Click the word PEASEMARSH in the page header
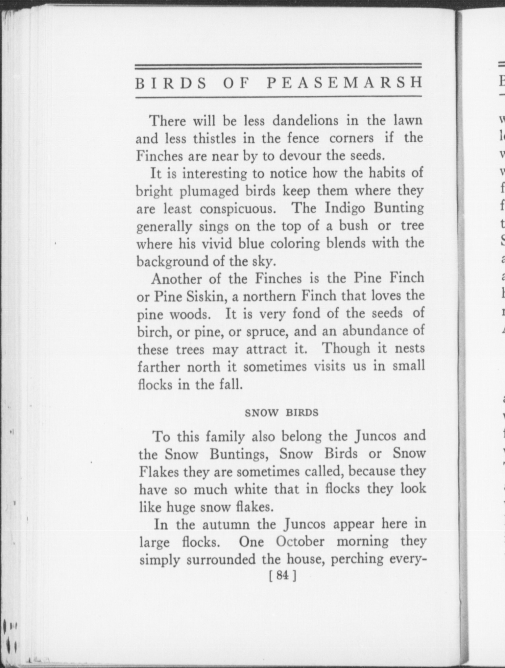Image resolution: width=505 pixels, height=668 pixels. pyautogui.click(x=344, y=83)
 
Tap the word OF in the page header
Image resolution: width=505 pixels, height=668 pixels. pyautogui.click(x=235, y=83)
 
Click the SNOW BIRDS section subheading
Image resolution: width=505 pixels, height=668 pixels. pyautogui.click(x=282, y=413)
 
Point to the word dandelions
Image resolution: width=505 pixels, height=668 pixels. pyautogui.click(x=305, y=121)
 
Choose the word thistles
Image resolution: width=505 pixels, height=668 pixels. pyautogui.click(x=214, y=138)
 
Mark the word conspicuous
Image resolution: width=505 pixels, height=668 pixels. pyautogui.click(x=238, y=209)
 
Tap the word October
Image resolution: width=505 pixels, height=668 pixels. pyautogui.click(x=300, y=541)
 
